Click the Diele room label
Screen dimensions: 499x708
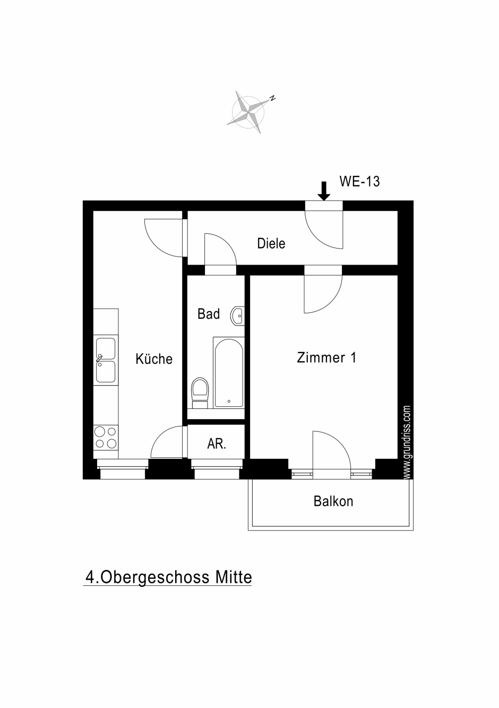(271, 243)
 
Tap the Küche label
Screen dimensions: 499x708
(154, 359)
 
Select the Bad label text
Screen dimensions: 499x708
(209, 314)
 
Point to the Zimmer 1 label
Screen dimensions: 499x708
(326, 357)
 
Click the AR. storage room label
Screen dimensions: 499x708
(217, 444)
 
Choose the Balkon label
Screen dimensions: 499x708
(333, 501)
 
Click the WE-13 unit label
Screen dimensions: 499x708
(359, 182)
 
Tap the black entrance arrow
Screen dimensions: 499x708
(324, 191)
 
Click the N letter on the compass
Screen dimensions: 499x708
(272, 98)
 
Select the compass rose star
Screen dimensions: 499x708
(248, 112)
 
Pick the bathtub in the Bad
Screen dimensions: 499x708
(229, 372)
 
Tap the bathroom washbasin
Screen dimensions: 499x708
(237, 315)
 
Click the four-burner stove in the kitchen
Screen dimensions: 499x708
(106, 437)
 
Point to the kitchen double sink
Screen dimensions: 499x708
(106, 360)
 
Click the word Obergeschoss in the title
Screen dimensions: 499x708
(155, 577)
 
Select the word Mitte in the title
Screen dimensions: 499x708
(234, 577)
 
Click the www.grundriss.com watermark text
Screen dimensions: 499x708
(407, 442)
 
